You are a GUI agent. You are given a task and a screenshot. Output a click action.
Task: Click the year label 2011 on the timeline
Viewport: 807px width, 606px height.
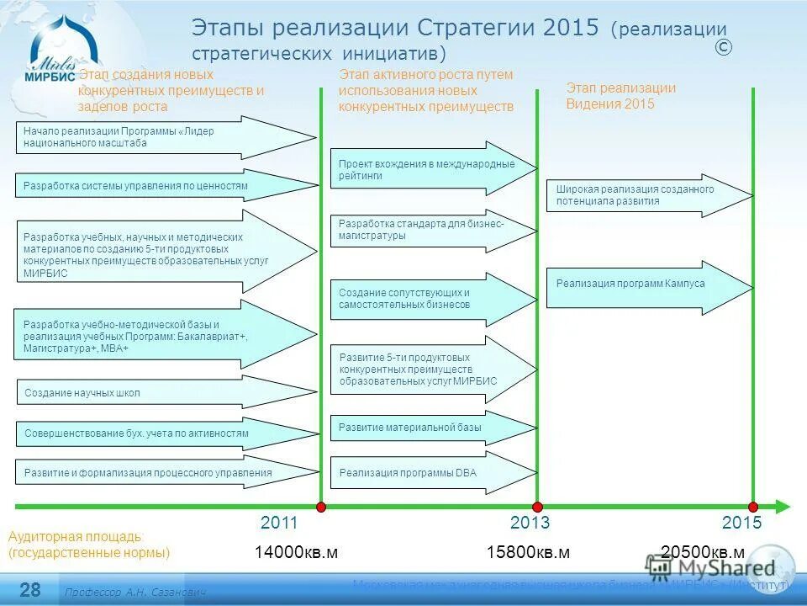279,523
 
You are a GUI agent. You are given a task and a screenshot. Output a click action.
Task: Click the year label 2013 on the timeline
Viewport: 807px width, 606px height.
530,523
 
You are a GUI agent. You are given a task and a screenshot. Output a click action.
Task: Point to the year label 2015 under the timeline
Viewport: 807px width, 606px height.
741,523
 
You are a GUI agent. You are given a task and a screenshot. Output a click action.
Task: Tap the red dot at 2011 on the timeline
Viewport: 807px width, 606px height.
320,507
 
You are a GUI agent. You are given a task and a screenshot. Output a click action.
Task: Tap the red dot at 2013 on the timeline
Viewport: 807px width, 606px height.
536,507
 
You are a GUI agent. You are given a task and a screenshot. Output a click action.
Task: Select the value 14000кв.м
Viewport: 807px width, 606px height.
296,552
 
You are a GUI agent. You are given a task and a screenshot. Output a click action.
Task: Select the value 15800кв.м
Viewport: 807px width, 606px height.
528,552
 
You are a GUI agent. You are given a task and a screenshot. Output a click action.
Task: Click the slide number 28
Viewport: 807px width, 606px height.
30,588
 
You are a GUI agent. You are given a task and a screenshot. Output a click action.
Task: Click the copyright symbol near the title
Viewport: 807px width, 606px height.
723,48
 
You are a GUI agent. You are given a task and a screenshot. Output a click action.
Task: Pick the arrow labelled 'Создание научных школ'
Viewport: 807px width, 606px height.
151,393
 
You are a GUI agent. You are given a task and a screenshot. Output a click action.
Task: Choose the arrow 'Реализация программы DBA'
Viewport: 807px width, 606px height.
420,473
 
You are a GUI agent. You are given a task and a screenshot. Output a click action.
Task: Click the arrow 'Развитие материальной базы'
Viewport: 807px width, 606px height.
420,428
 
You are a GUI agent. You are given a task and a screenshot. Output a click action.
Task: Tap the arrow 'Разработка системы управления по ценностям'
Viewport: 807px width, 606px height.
151,185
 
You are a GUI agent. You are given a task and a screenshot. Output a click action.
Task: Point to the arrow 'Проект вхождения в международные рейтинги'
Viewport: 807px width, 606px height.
429,169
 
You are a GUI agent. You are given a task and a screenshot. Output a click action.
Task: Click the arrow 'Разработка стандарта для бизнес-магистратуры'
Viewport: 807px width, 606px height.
429,230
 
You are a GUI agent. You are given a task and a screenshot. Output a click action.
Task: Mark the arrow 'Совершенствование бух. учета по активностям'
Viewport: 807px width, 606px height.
151,433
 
